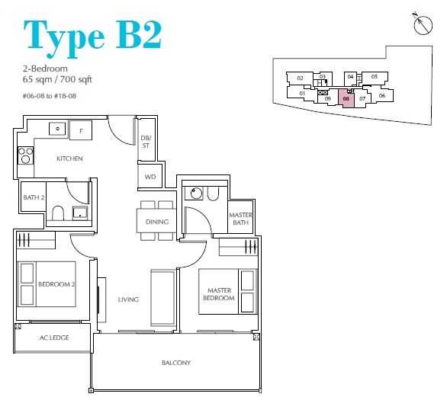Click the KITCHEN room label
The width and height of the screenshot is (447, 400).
69,158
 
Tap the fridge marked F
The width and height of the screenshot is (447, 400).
81,130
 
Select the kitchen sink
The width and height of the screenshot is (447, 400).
57,129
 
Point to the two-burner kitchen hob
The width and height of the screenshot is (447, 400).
26,155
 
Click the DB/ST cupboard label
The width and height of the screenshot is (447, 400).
146,142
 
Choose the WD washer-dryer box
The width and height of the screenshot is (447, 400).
150,177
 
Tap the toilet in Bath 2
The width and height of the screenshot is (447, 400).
58,213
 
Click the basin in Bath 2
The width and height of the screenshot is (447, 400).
80,213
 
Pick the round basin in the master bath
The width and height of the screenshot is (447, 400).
196,194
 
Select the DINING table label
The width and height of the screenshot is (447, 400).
157,222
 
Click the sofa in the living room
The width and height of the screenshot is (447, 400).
162,297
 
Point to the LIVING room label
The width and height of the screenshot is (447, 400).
128,299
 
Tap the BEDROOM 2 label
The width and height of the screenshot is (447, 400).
56,284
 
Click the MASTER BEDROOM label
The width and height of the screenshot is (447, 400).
219,294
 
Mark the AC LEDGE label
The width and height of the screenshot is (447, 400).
54,338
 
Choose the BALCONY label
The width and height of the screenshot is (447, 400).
176,363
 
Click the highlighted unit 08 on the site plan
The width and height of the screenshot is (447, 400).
346,98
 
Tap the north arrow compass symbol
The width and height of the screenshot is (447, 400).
423,24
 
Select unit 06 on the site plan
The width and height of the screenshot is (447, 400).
382,96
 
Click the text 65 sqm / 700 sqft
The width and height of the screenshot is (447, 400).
57,79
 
